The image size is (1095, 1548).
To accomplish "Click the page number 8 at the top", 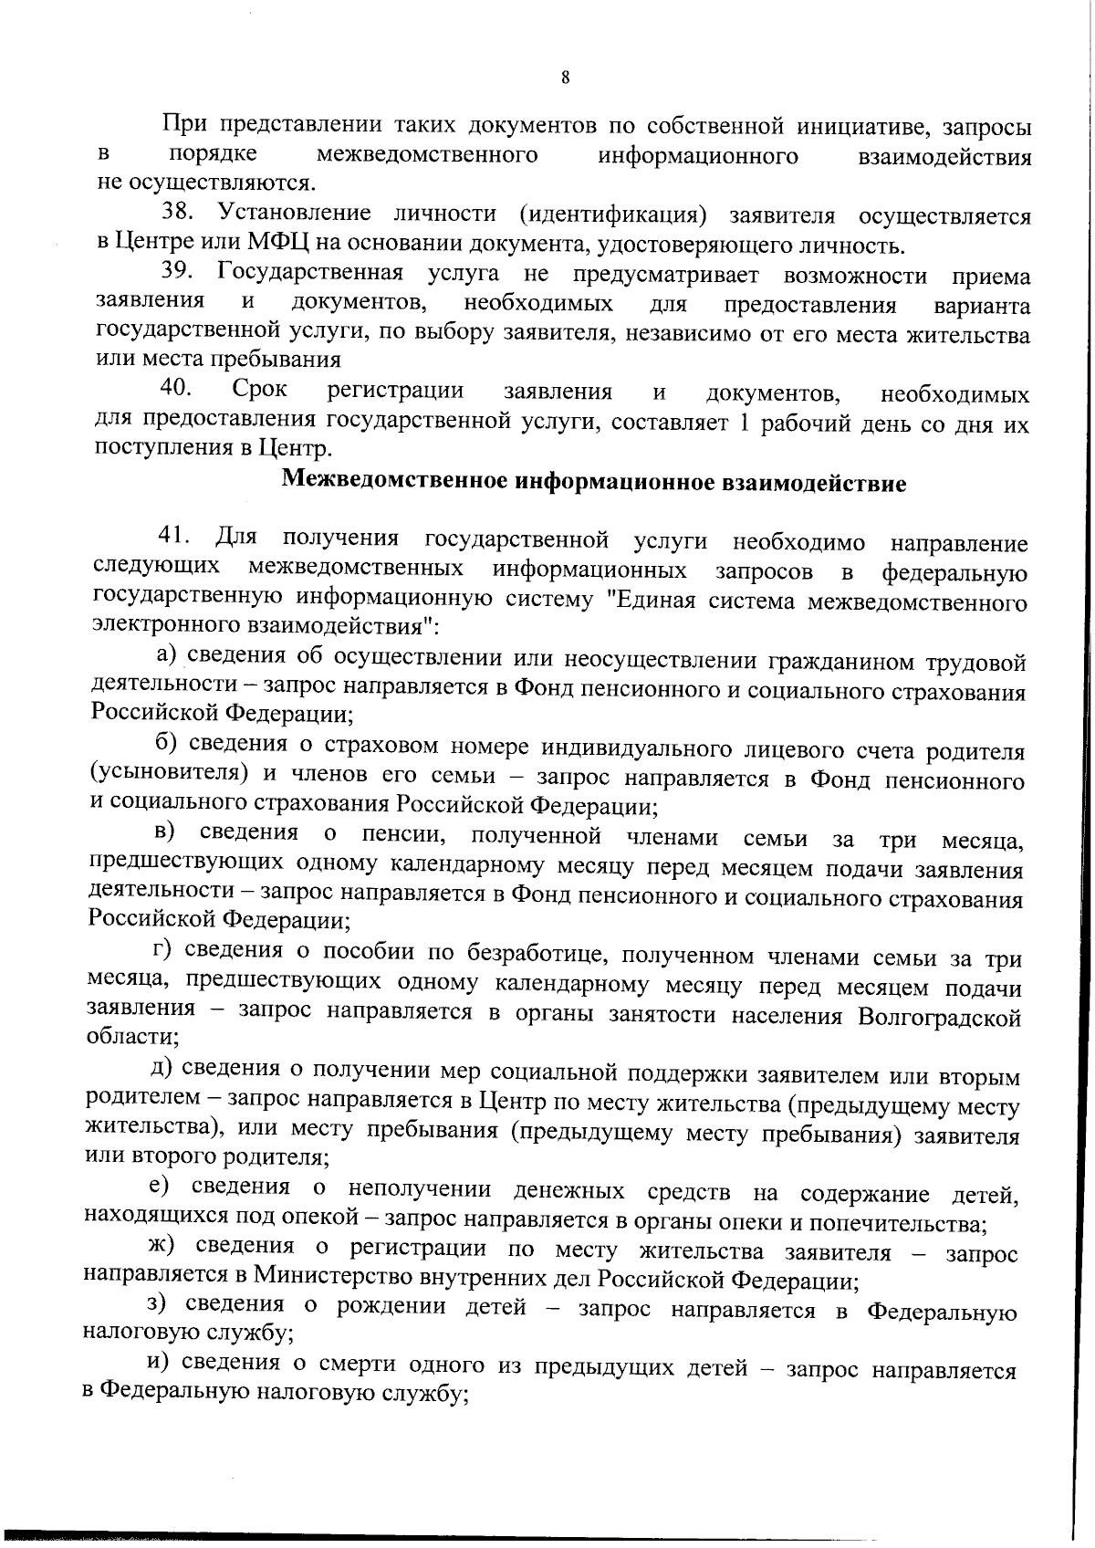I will click(566, 78).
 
